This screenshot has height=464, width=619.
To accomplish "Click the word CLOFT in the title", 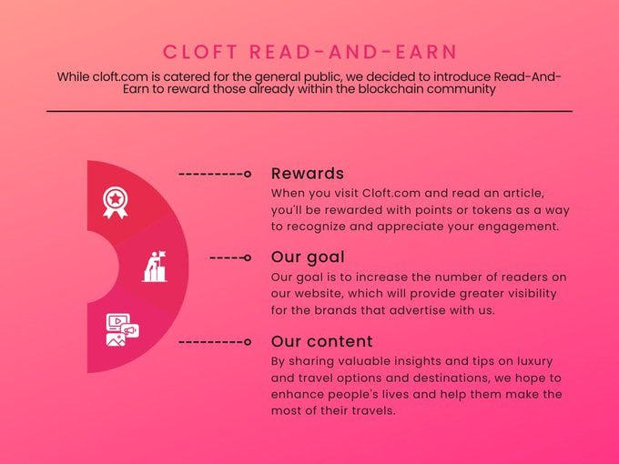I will coord(201,52).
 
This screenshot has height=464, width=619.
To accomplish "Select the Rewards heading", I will coord(308,173).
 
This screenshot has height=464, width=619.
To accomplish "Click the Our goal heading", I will coord(308,257).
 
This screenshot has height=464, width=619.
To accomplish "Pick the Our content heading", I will coord(321,341).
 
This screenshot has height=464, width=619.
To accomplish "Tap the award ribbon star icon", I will coord(115,202).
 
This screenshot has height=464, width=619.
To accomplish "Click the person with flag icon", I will coord(156,267).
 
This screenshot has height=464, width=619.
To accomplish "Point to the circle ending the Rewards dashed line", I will coord(248,173).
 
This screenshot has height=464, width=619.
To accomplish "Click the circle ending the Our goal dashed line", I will coord(248,257).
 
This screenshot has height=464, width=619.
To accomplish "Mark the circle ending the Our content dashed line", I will coord(248,341).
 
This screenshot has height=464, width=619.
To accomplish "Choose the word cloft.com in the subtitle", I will coord(124,76).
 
